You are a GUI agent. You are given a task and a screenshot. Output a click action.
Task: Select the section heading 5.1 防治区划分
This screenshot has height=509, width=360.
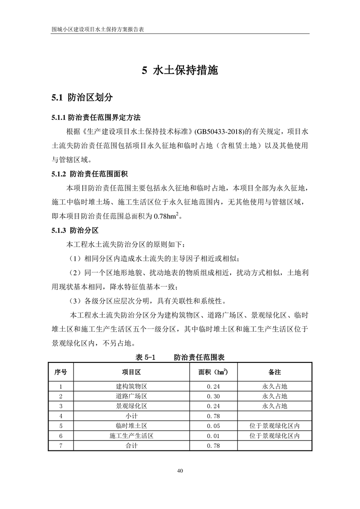pyautogui.click(x=82, y=97)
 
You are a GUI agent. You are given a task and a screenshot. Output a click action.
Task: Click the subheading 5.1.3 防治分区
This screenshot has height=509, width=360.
pyautogui.click(x=74, y=230)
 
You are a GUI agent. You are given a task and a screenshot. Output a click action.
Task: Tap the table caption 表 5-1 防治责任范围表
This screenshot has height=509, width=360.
pyautogui.click(x=180, y=357)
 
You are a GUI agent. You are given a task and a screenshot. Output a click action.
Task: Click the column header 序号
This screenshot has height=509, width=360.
pyautogui.click(x=60, y=372)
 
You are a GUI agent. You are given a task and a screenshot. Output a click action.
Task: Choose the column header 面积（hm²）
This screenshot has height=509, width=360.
pyautogui.click(x=213, y=372)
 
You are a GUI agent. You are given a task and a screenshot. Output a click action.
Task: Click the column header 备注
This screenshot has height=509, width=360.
pyautogui.click(x=274, y=372)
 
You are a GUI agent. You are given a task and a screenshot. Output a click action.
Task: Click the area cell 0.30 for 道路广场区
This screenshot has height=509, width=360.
pyautogui.click(x=213, y=396)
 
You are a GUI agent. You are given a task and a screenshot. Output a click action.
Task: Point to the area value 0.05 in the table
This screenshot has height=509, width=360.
pyautogui.click(x=213, y=426)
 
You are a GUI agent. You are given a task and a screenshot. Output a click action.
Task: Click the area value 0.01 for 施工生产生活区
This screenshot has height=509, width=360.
pyautogui.click(x=213, y=436)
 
